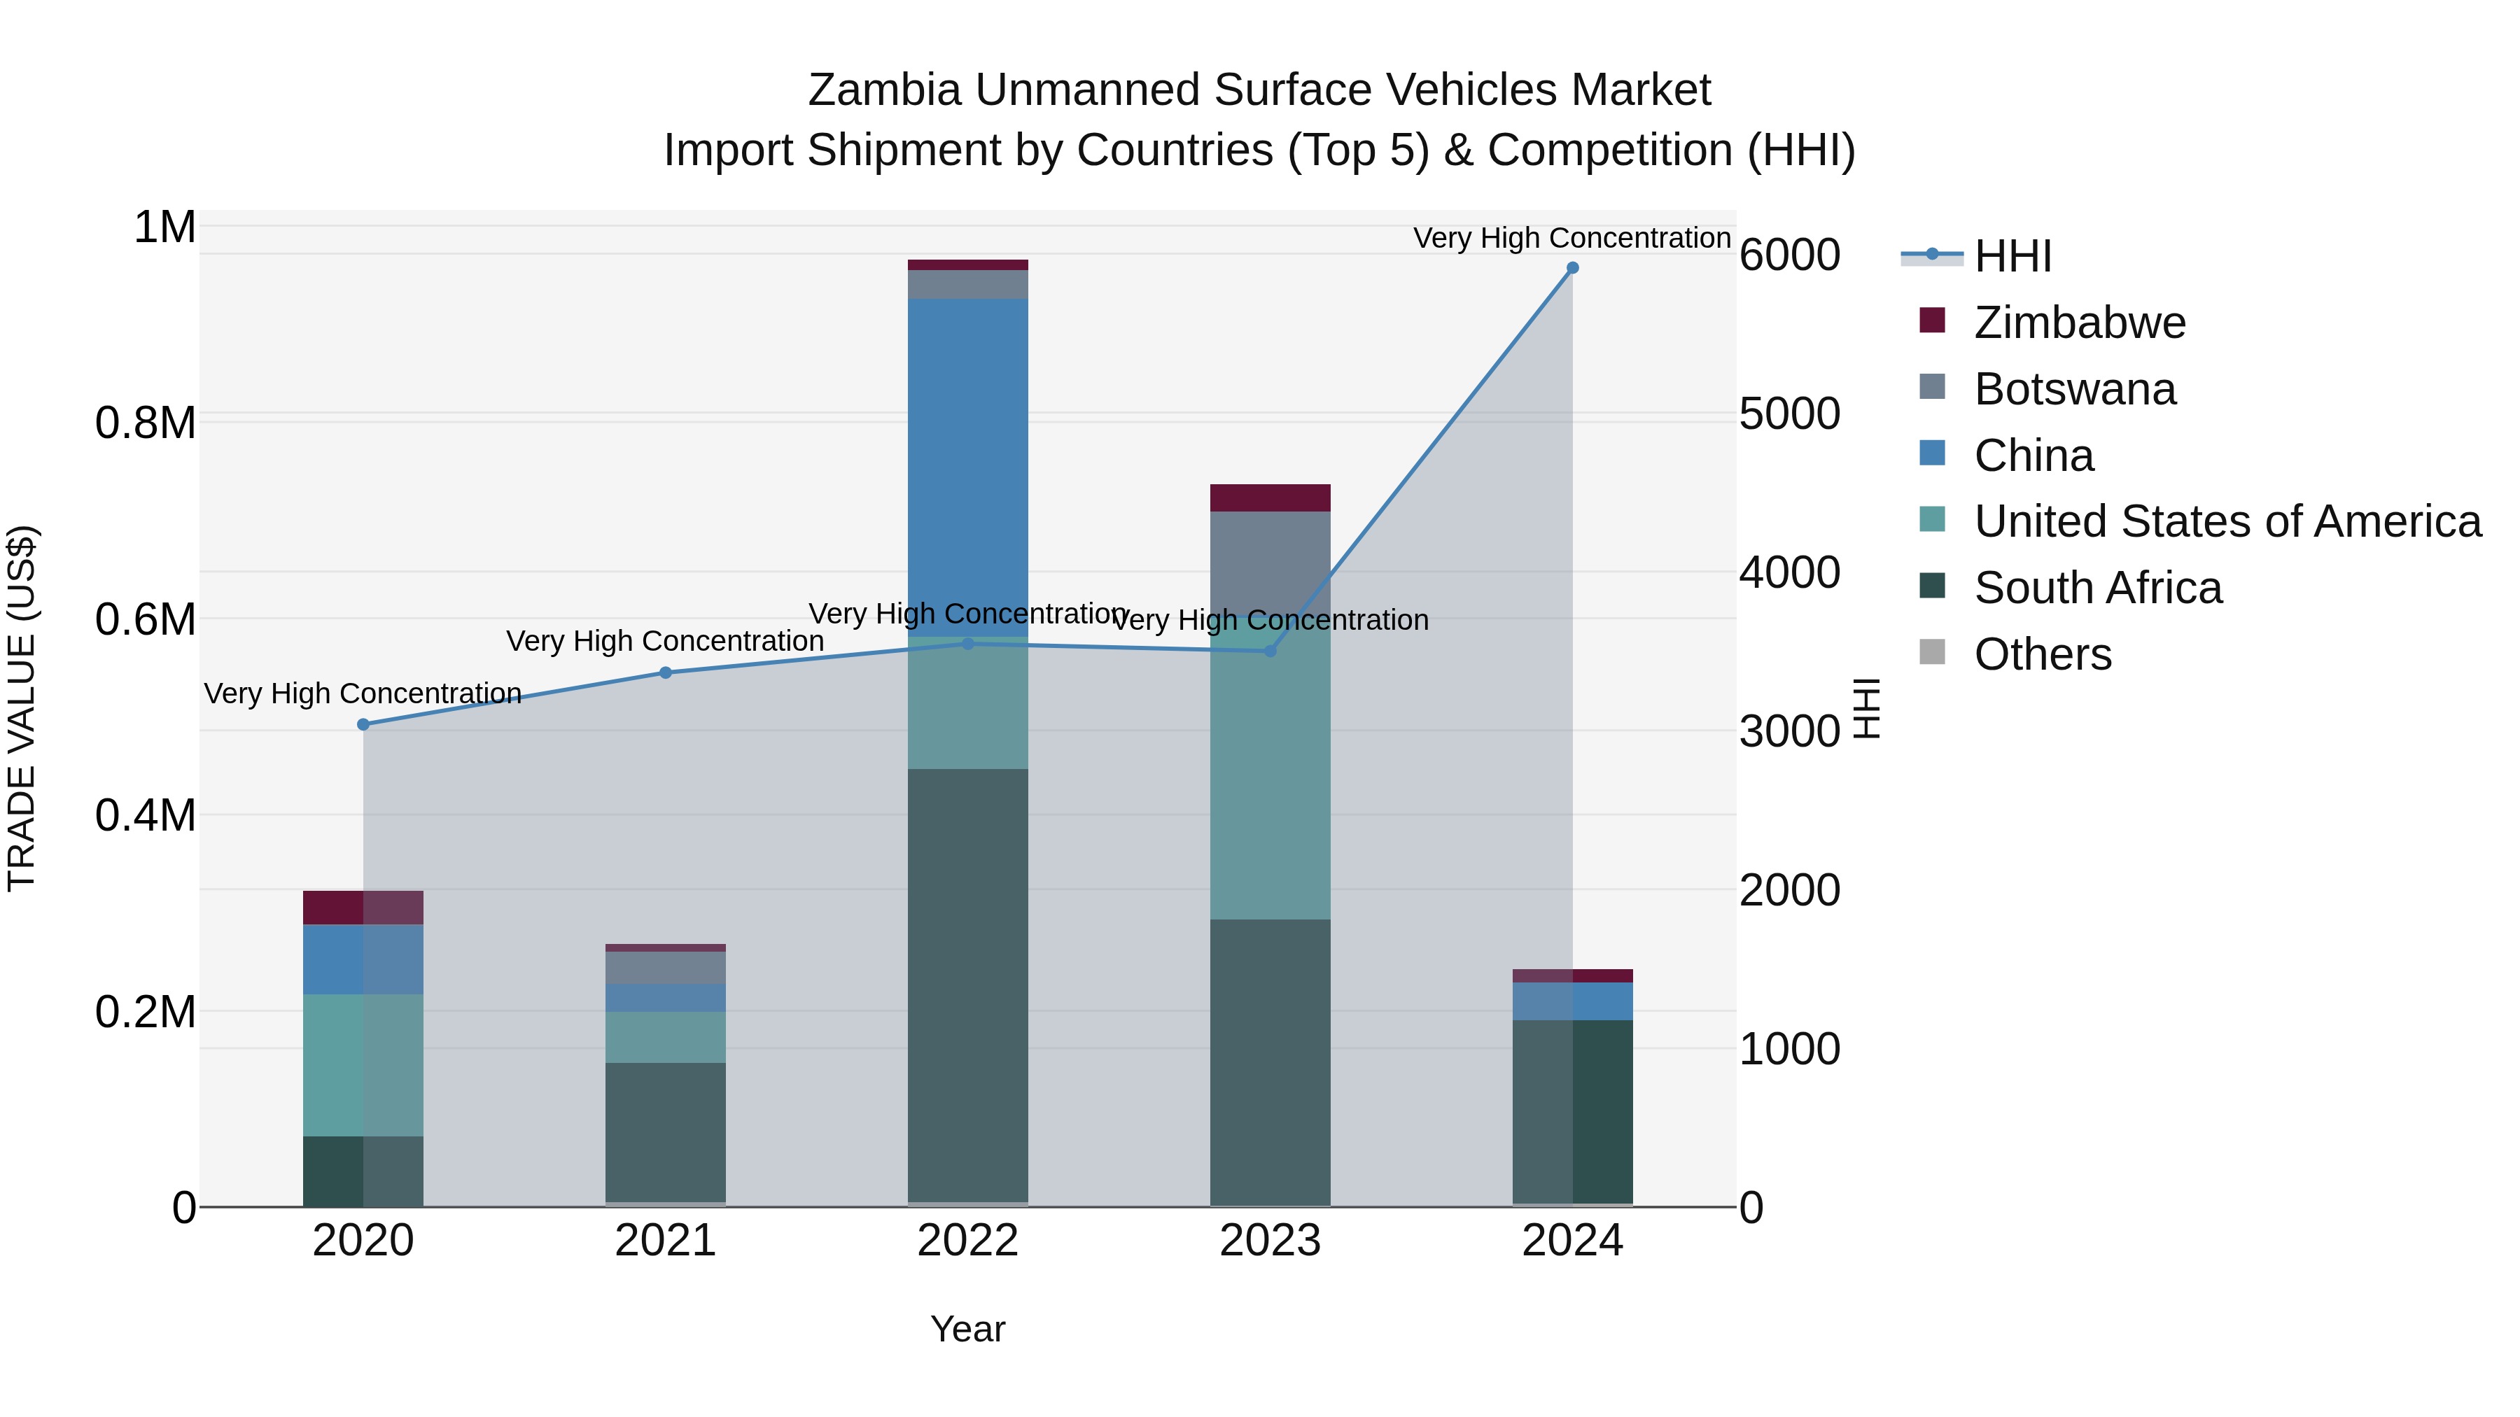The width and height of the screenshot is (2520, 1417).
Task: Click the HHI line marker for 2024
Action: coord(1572,268)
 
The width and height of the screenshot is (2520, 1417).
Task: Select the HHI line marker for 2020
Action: coord(363,725)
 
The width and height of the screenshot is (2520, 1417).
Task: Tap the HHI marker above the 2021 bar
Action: coord(665,672)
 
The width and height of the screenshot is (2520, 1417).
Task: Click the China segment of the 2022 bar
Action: coord(967,460)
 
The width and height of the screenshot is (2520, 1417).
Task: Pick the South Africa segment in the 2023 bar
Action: coord(1270,1061)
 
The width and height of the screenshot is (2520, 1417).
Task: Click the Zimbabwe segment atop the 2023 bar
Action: coord(1270,498)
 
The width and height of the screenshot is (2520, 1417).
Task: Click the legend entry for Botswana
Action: coord(2074,389)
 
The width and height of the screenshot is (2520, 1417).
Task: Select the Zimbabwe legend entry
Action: coord(2079,323)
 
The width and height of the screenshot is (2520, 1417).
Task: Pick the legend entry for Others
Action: coord(2042,654)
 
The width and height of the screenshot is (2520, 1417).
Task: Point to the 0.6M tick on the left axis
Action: coord(146,620)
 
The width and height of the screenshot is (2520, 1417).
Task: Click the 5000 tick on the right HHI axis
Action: coord(1789,414)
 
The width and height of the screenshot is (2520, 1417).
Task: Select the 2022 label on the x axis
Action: coord(967,1241)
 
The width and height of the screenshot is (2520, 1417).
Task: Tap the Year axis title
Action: coord(967,1329)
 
